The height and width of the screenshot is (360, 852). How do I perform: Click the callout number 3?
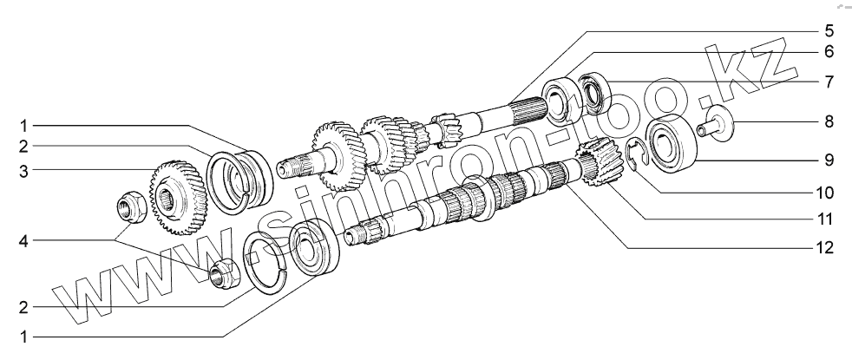point(23,171)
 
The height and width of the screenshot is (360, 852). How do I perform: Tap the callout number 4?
point(23,240)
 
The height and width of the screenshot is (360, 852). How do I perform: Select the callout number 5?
point(829,30)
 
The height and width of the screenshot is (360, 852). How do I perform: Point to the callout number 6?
point(829,51)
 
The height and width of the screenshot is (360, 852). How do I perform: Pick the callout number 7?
point(829,82)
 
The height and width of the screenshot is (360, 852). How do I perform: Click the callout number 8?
point(829,121)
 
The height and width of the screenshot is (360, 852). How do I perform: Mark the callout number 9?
point(829,160)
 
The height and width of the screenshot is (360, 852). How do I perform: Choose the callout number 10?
point(824,193)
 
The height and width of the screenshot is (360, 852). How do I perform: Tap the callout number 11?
point(824,219)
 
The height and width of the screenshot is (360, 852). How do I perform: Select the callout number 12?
point(824,248)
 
